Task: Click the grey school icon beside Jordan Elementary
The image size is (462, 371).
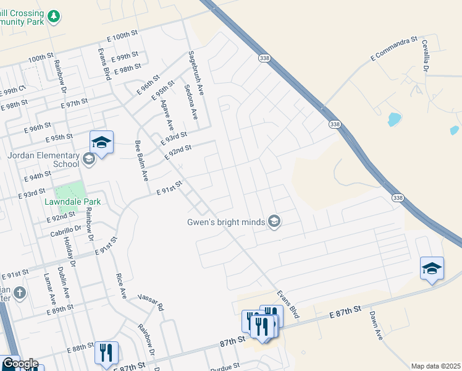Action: (89, 160)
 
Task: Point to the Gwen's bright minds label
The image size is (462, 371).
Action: (227, 222)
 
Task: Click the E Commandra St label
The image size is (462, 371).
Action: (394, 49)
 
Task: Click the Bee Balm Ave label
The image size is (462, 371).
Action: (141, 161)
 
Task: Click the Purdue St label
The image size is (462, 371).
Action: (224, 367)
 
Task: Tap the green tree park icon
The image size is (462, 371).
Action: (55, 16)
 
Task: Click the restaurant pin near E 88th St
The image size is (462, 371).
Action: (106, 352)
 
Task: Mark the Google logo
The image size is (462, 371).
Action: (20, 364)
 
